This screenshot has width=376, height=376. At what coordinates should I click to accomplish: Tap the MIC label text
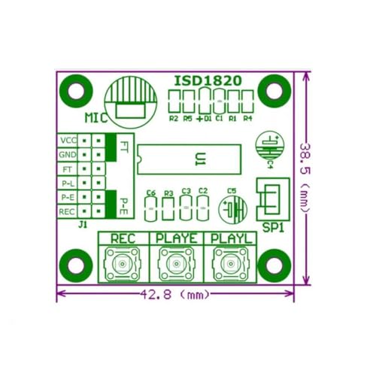(x=96, y=118)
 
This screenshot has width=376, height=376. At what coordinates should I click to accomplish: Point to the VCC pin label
(x=68, y=141)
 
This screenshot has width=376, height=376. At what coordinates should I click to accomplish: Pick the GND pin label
(x=68, y=155)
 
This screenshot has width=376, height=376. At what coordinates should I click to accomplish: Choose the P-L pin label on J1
(x=68, y=183)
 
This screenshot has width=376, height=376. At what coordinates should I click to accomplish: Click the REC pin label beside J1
(x=68, y=212)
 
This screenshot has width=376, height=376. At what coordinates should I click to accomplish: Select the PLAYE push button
(x=174, y=264)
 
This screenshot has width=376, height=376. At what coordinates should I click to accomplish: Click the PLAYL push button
(x=229, y=264)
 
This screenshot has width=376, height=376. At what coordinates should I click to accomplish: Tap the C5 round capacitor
(x=232, y=208)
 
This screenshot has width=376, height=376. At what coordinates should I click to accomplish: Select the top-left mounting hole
(x=75, y=89)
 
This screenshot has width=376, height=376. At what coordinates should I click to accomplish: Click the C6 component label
(x=151, y=193)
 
